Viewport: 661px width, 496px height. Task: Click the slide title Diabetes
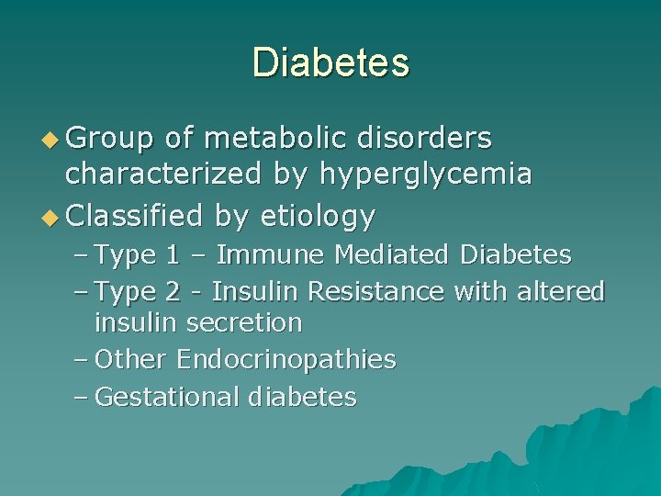[x=330, y=62]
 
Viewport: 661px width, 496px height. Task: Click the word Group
[x=110, y=138]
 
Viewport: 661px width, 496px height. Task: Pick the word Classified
[x=135, y=216]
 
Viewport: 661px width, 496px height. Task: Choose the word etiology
[x=318, y=217]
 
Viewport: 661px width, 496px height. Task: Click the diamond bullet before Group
[x=51, y=139]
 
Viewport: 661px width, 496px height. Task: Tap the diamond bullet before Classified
[x=51, y=217]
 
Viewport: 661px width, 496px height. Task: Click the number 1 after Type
[x=173, y=254]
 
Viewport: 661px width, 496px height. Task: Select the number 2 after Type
[x=173, y=292]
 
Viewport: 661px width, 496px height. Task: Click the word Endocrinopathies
[x=286, y=360]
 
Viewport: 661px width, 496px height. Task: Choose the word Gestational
[x=167, y=398]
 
